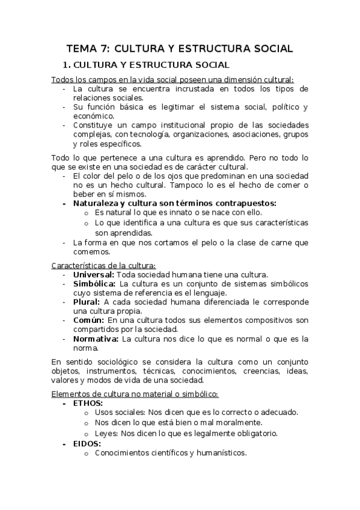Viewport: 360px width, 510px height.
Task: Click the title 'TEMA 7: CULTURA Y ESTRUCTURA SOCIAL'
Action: click(x=180, y=49)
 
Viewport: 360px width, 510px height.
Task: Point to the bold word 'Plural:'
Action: click(x=87, y=302)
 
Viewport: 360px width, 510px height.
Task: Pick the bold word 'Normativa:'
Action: click(x=96, y=339)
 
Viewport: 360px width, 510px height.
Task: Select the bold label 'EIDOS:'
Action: click(x=87, y=444)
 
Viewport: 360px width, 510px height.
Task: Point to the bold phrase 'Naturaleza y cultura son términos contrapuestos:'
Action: click(x=174, y=203)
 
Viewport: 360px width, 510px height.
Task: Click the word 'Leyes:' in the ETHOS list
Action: click(x=106, y=434)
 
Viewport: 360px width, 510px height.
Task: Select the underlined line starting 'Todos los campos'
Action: click(x=172, y=79)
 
